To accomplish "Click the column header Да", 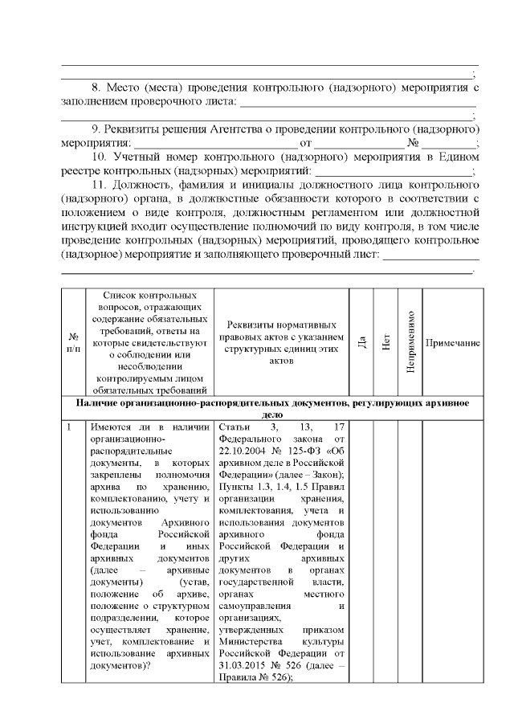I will pyautogui.click(x=362, y=341).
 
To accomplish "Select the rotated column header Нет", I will pyautogui.click(x=386, y=341).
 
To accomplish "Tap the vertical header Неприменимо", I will pyautogui.click(x=410, y=341).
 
